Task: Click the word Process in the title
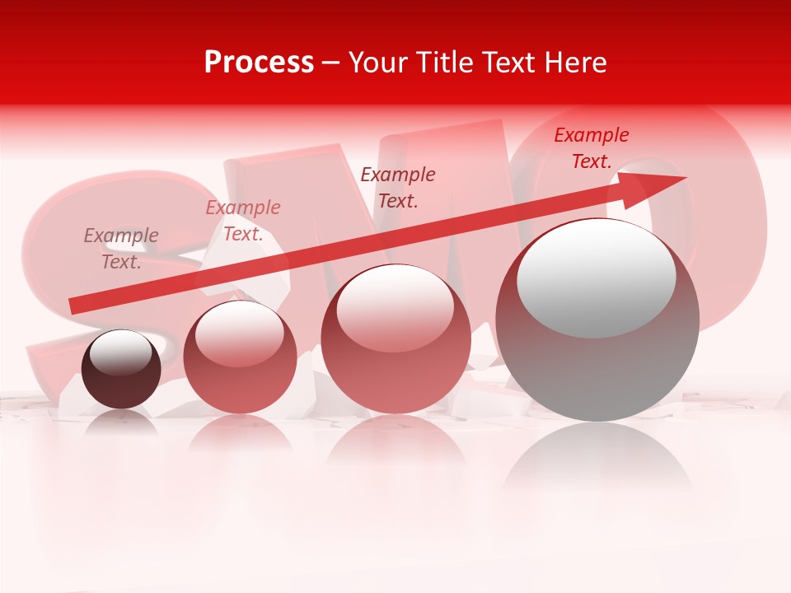259,63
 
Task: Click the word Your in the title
377,63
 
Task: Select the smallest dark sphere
121,369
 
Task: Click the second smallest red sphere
240,357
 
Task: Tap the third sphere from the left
395,339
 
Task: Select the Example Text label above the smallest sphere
121,249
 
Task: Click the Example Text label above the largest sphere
591,148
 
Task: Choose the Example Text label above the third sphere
398,187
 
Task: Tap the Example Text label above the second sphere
243,221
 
